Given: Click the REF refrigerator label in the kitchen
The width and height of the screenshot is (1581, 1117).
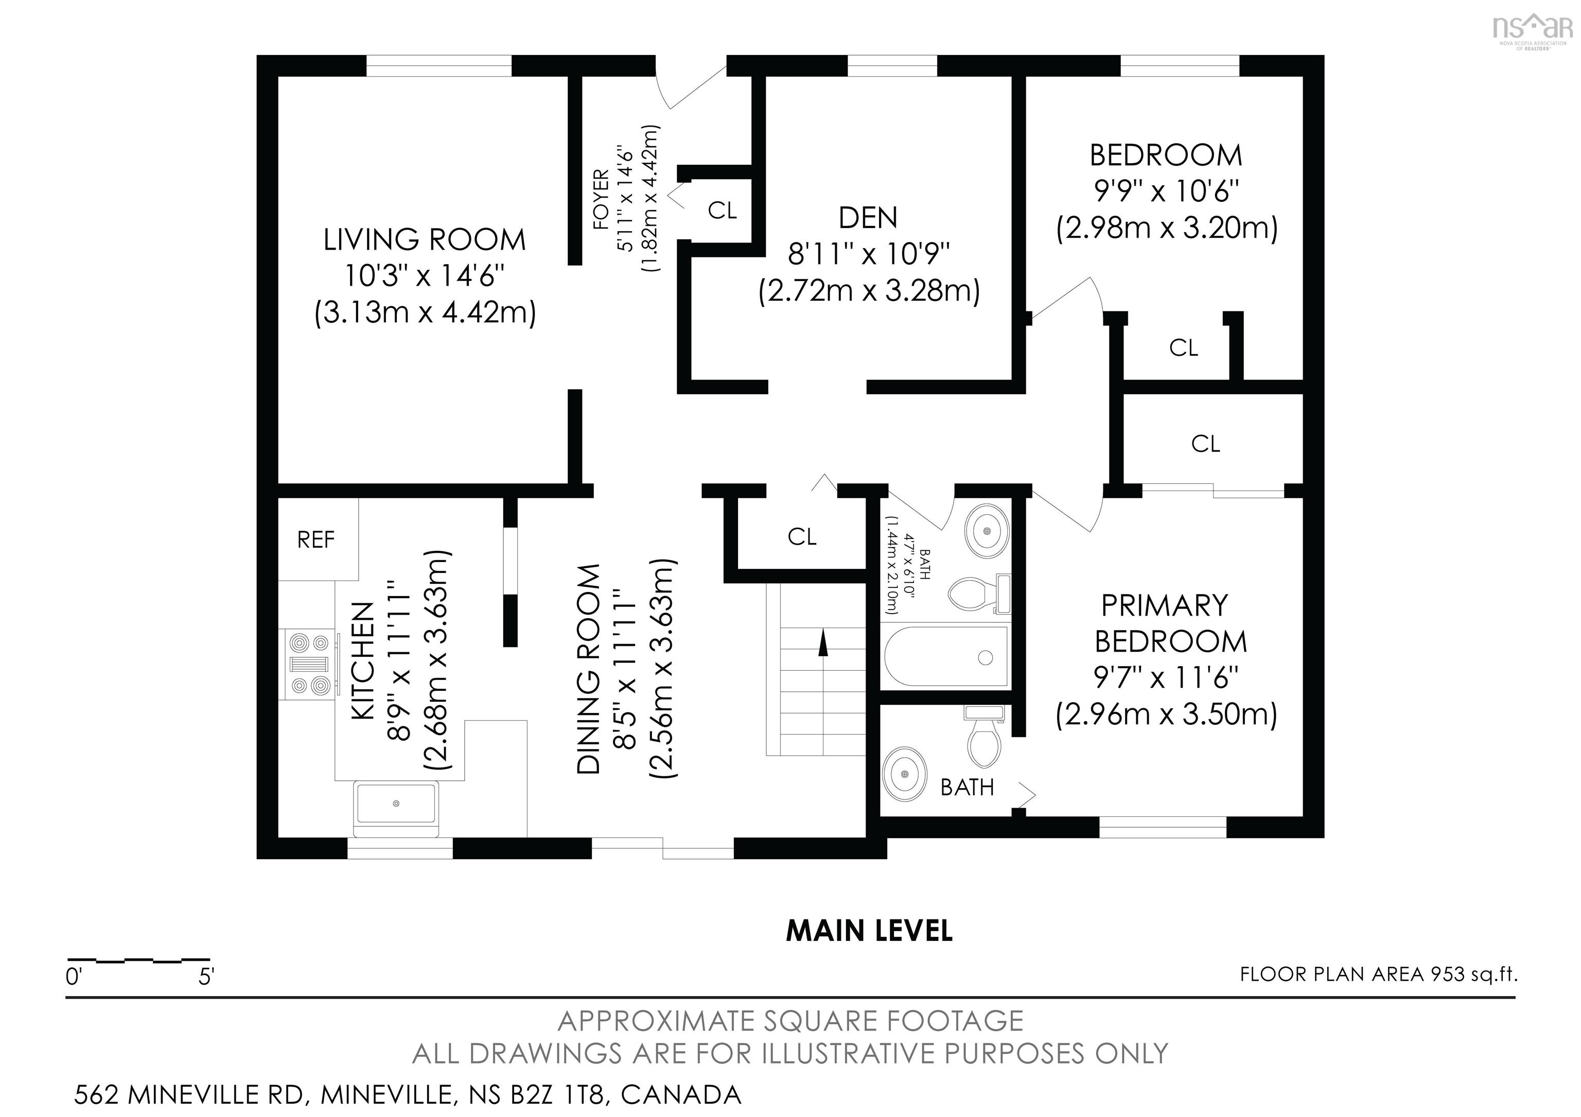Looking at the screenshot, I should (x=316, y=540).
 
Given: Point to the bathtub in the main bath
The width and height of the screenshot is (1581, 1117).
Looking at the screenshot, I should (x=945, y=657).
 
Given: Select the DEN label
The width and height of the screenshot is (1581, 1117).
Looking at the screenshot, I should (x=868, y=218).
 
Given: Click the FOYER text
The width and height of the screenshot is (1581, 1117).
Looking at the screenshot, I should (x=601, y=199).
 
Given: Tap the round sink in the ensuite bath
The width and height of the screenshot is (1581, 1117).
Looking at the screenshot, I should (x=905, y=775).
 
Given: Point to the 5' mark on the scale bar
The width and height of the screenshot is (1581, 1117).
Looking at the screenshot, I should (x=206, y=977).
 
